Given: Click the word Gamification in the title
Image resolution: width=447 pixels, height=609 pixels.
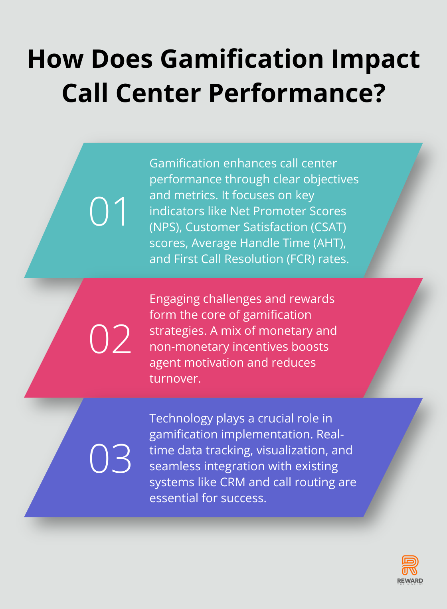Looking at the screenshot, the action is [242, 59].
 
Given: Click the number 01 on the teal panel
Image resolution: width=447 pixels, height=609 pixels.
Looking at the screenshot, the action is [108, 211].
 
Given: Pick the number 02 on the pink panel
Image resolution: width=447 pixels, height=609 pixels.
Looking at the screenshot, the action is [110, 339].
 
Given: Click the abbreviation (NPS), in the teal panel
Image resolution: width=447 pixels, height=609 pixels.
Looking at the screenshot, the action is [166, 227].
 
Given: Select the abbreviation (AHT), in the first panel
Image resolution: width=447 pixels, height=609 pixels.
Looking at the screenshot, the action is [329, 243].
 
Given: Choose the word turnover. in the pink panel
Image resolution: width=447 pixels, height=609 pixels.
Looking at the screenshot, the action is [175, 379].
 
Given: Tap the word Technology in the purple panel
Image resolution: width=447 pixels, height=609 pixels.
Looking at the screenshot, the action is [181, 419].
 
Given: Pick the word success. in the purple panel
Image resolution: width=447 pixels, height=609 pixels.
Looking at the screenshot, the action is [243, 498].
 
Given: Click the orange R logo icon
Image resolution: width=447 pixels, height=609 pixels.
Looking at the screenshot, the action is [410, 565].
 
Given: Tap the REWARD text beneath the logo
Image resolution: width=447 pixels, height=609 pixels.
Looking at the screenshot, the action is [410, 581].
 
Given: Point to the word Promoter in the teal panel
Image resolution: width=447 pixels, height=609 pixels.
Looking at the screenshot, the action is [281, 211].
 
